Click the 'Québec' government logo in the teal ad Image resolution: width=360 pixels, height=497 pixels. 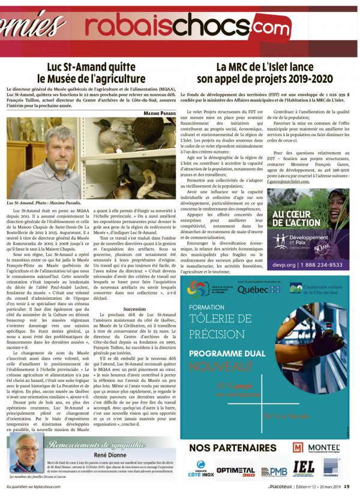click(x=254, y=289)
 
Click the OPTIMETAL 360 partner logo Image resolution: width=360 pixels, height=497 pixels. click(x=235, y=471)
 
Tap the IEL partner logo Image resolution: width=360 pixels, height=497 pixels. click(x=303, y=469)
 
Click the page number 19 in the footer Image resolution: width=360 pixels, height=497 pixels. click(x=355, y=486)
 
